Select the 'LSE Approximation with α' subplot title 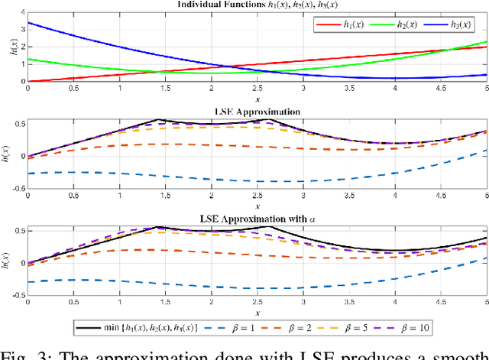tap(257, 220)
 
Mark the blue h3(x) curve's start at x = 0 tap(28, 24)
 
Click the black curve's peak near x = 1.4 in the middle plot tap(157, 119)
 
